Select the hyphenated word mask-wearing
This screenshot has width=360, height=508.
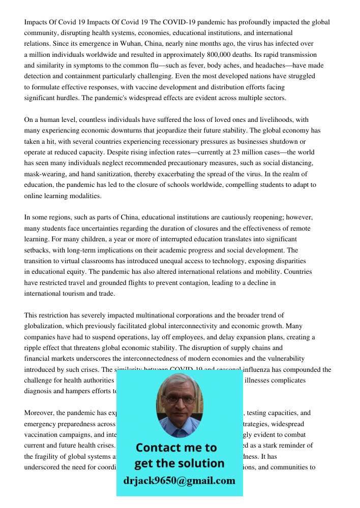(x=45, y=174)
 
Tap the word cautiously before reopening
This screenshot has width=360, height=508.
(x=224, y=217)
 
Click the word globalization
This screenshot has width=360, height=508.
(x=46, y=326)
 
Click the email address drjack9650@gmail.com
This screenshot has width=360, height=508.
(x=179, y=481)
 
